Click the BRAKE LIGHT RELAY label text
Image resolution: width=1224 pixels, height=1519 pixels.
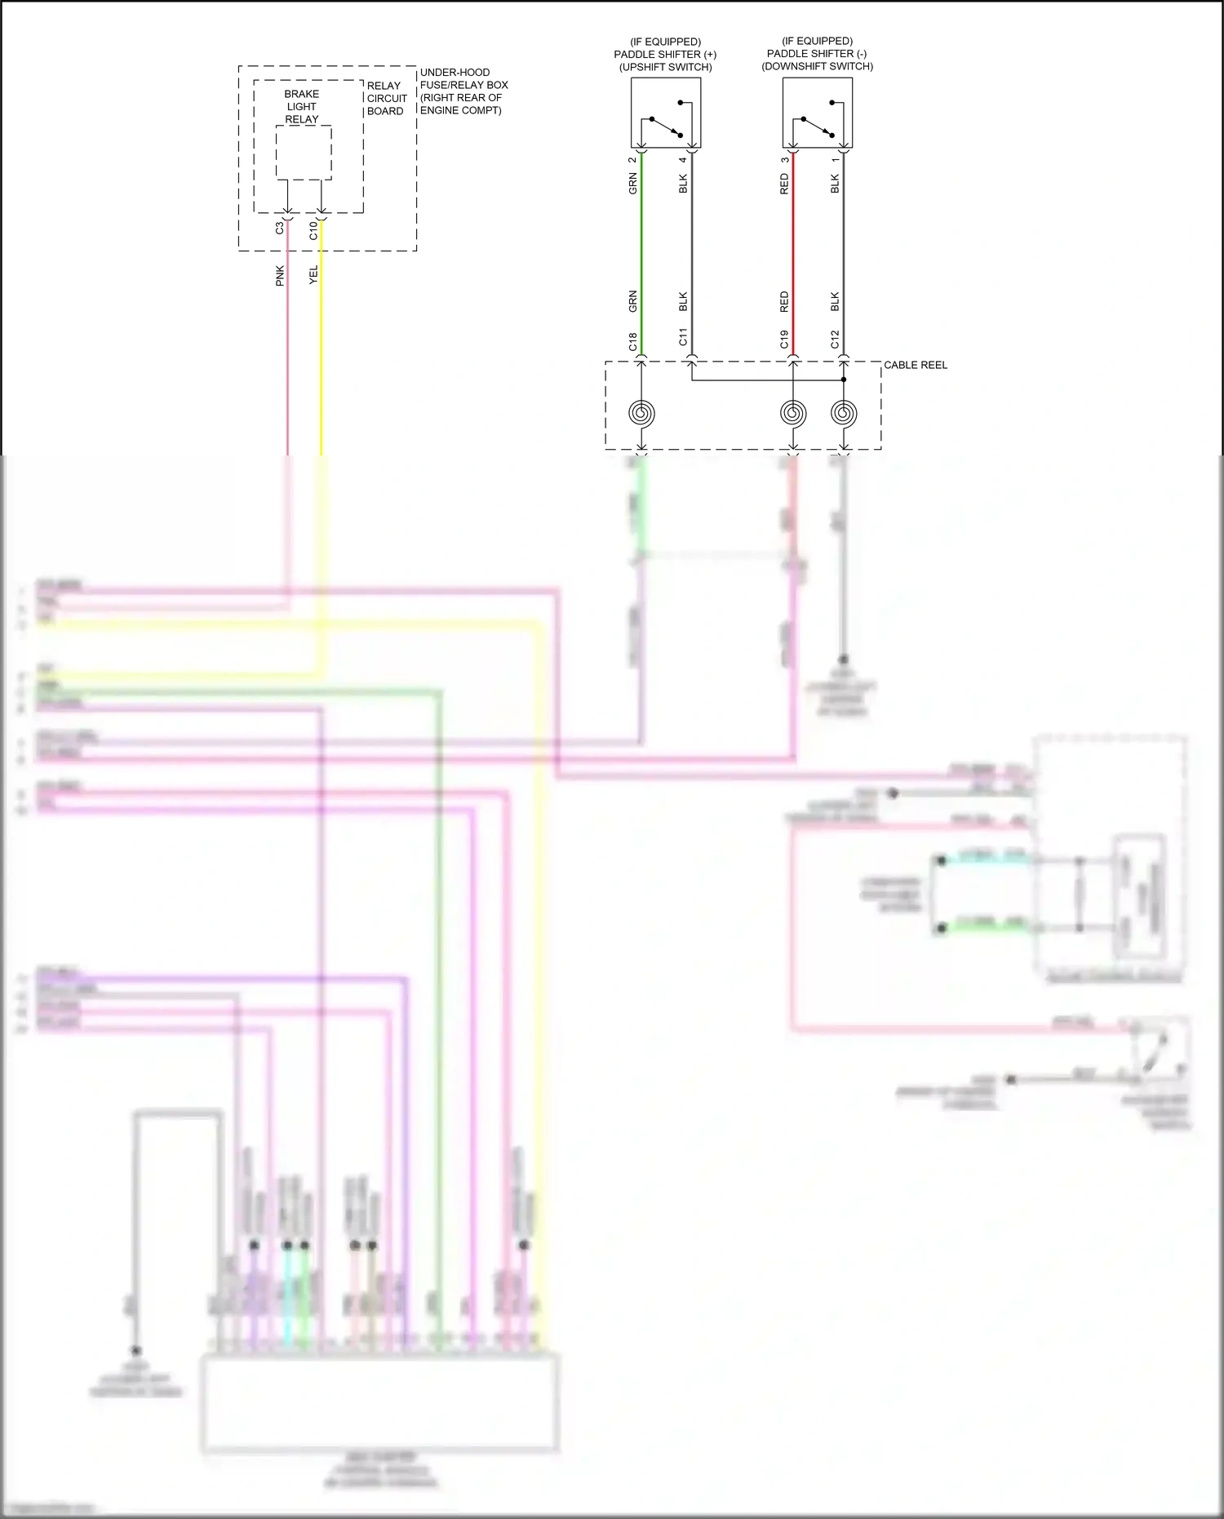(301, 106)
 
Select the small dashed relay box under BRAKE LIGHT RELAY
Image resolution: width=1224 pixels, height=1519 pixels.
(304, 153)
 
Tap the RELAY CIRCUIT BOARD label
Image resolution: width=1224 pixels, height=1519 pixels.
(386, 98)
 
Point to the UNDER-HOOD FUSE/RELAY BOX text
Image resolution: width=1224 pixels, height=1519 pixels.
(463, 91)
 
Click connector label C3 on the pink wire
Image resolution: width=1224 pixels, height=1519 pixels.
(279, 229)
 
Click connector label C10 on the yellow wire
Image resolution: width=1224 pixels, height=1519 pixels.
(313, 230)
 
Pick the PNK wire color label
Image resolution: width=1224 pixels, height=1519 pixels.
(279, 275)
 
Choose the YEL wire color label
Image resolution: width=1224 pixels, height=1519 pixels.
(313, 275)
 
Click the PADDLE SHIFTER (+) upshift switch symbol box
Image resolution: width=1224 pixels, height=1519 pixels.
(665, 113)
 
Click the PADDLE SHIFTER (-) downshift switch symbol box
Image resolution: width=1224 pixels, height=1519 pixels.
(817, 113)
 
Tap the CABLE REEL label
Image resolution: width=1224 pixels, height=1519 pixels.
(916, 365)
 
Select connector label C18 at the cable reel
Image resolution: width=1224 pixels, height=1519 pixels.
(632, 341)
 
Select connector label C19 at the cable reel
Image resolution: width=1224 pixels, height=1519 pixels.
(784, 339)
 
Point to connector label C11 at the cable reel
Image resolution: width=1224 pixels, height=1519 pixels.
(683, 336)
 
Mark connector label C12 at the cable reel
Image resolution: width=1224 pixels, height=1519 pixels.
(835, 339)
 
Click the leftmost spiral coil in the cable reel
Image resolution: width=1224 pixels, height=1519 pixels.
(641, 413)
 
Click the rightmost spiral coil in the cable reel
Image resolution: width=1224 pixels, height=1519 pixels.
(844, 413)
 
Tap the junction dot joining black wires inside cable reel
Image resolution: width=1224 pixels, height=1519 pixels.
(844, 380)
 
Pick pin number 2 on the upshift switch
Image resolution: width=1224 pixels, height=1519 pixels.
(632, 160)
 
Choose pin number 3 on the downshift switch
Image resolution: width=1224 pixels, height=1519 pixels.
(784, 160)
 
